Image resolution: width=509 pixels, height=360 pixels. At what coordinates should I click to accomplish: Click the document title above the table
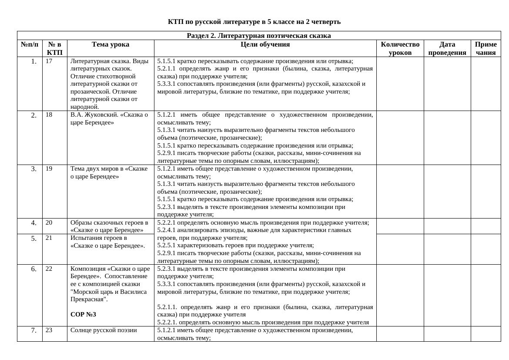pos(254,22)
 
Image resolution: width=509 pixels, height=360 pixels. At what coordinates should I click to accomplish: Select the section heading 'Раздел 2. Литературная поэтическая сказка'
pos(258,36)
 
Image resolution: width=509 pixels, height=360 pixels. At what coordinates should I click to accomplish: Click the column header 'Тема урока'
pos(111,44)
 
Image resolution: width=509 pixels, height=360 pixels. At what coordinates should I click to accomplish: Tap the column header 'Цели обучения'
pos(265,44)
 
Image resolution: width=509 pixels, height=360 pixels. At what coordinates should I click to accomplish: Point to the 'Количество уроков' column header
pos(400,48)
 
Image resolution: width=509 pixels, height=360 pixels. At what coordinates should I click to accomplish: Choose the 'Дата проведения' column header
pos(447,48)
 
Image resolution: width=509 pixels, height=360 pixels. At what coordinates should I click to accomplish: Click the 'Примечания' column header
pos(486,48)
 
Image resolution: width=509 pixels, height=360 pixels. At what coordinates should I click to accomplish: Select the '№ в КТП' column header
pos(55,48)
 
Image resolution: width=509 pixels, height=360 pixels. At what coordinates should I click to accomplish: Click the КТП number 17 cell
pos(49,61)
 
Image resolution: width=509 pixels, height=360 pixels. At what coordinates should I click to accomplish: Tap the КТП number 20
pos(49,222)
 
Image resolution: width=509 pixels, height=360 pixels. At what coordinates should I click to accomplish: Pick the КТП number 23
pos(49,330)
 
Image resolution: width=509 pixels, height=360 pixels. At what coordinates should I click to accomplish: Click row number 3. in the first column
pos(34,169)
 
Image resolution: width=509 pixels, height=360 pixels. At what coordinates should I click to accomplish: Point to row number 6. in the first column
pos(34,269)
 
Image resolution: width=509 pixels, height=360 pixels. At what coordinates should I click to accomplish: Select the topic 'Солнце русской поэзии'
pos(104,330)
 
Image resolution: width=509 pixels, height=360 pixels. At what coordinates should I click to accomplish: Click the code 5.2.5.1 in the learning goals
pos(166,246)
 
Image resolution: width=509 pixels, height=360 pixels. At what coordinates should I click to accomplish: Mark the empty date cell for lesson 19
pos(447,192)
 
